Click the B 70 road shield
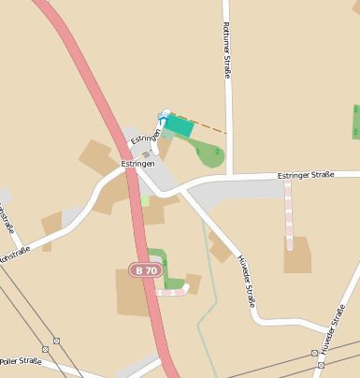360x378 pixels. point(145,269)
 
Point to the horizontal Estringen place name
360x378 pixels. point(137,163)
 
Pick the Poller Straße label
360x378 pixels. point(21,360)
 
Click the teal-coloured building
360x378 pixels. point(179,125)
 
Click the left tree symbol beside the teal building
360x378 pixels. point(197,150)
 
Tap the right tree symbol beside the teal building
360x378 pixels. point(217,150)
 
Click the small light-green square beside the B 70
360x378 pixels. point(145,199)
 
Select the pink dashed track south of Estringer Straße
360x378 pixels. point(289,215)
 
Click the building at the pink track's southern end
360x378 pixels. point(297,254)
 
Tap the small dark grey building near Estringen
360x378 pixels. point(146,154)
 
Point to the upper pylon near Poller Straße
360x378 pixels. point(57,340)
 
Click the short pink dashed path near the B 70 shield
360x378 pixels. point(173,292)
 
